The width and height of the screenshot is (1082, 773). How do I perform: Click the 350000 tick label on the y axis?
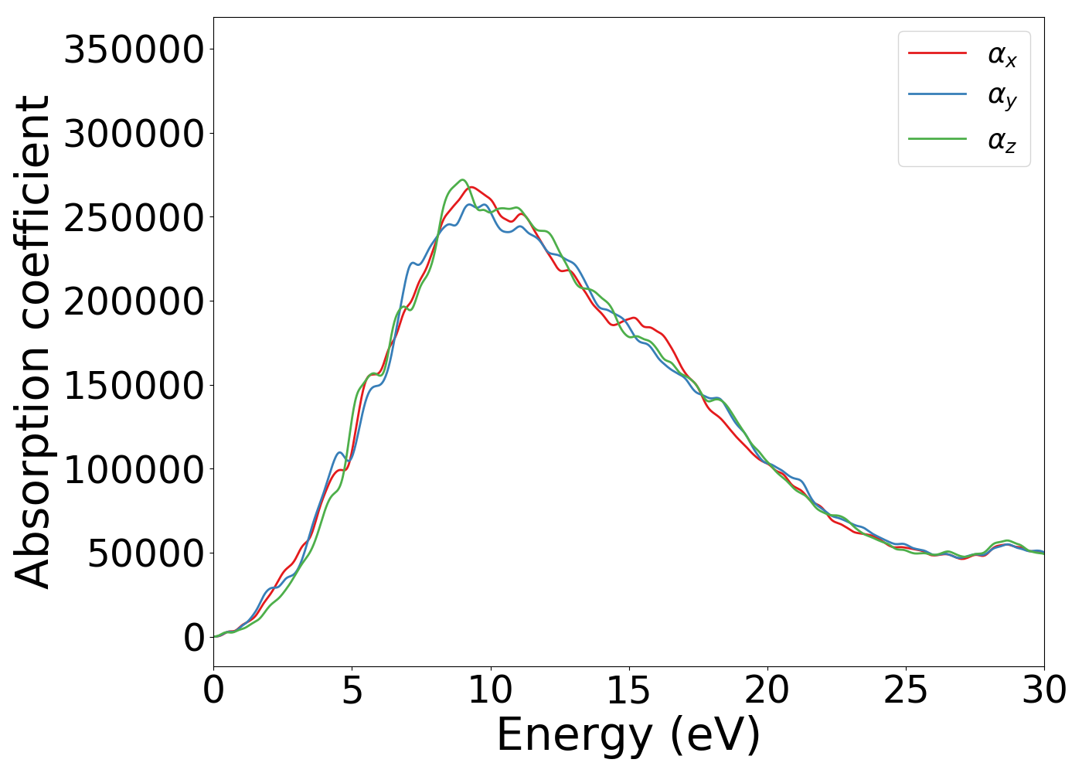point(134,50)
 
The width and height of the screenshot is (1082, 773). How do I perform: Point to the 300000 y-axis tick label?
point(134,134)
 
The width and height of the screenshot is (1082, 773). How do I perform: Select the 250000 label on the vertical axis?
point(134,218)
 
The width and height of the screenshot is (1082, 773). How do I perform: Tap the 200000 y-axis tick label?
point(134,301)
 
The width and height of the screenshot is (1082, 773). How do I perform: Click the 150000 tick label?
point(134,386)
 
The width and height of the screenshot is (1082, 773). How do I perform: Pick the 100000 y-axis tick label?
point(134,469)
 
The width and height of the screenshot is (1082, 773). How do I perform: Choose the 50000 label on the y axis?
point(145,553)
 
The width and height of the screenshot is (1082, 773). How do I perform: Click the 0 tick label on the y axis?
point(194,638)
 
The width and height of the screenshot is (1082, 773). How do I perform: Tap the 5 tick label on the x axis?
point(352,690)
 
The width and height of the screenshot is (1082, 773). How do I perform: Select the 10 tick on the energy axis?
point(490,690)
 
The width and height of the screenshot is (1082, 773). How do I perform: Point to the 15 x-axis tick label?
point(628,690)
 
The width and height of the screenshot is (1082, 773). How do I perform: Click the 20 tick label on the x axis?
point(767,690)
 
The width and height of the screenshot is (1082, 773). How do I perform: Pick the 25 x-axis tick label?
point(905,690)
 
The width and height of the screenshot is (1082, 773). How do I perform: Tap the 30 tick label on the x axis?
point(1043,690)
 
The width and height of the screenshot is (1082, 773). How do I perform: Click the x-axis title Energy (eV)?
point(628,735)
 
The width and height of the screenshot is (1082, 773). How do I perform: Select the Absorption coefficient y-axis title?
point(33,342)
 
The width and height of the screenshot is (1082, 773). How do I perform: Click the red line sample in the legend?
point(937,53)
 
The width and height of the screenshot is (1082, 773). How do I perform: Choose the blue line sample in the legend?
point(937,94)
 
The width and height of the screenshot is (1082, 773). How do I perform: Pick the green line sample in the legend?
point(937,139)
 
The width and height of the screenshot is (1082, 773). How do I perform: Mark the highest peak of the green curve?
point(461,180)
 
